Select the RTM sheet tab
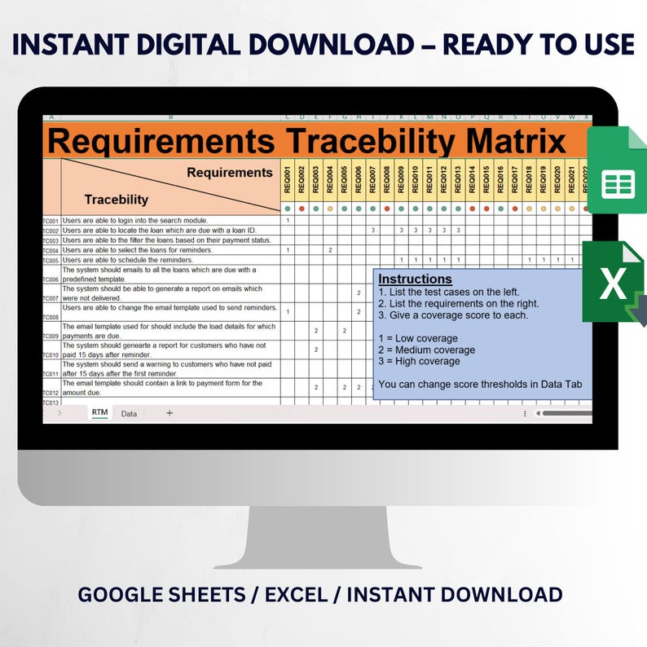(99, 413)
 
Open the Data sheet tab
(129, 414)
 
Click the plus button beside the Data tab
(169, 413)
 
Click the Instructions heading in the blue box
(416, 279)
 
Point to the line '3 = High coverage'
(419, 361)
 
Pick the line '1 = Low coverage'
(418, 338)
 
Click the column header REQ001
(288, 179)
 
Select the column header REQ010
(416, 179)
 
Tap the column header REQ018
(529, 179)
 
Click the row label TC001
(51, 221)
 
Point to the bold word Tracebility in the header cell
(117, 199)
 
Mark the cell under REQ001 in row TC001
(288, 221)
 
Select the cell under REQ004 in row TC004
(330, 250)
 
